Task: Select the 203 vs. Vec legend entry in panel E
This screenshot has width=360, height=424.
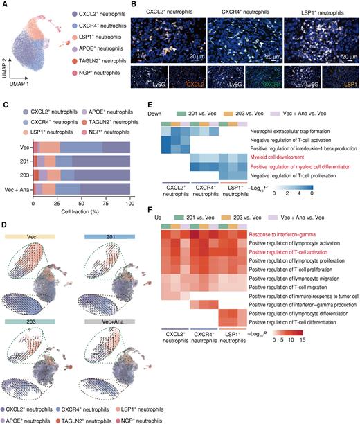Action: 269,109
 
